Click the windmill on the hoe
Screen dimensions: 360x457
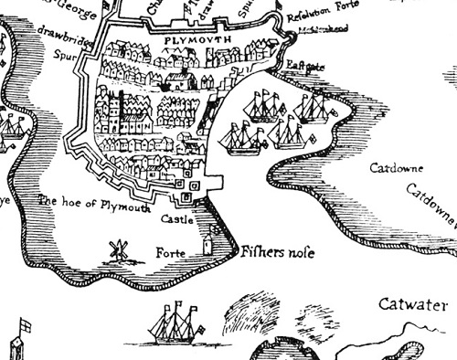116,249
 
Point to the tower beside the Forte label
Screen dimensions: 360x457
208,246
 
